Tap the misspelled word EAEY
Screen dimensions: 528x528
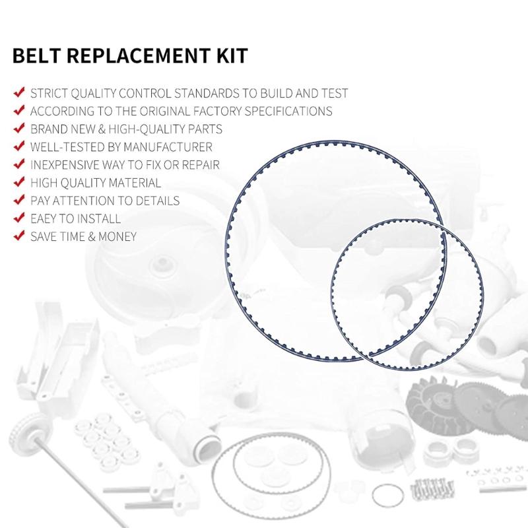(47, 218)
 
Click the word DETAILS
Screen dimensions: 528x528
(154, 201)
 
